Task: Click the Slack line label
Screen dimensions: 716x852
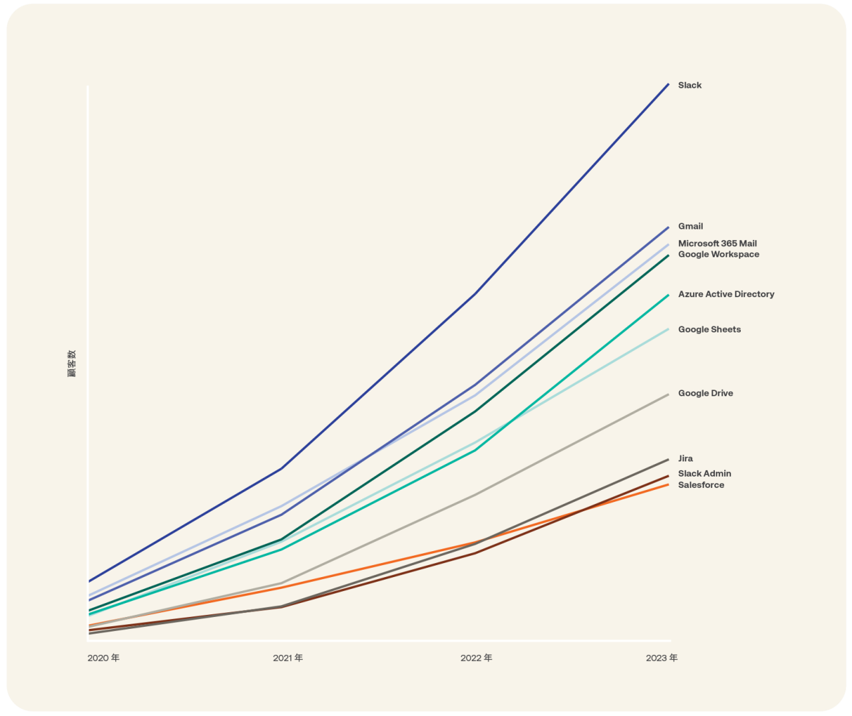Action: (x=690, y=85)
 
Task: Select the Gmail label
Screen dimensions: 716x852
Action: (x=690, y=226)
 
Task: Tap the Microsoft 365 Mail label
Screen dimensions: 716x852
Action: (x=717, y=243)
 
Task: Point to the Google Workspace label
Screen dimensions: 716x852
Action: (x=718, y=254)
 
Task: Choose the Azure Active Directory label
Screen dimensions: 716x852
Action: (x=726, y=294)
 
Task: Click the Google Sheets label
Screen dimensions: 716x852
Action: (x=709, y=329)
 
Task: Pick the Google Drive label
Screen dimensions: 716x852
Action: (x=705, y=393)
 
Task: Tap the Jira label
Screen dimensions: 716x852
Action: (x=685, y=458)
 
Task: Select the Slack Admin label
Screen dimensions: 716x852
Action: (x=704, y=473)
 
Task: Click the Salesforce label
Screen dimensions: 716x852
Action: (x=701, y=485)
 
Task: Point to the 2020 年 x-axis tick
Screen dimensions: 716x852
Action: (x=104, y=657)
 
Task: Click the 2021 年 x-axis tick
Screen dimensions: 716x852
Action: (x=288, y=657)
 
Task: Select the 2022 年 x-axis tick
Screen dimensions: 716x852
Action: (x=476, y=657)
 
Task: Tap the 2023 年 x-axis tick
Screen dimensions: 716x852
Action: (x=661, y=657)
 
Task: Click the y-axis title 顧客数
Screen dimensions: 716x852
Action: (x=72, y=363)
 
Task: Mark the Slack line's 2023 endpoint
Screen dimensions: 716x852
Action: (x=668, y=84)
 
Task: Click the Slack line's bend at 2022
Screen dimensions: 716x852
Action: (x=475, y=293)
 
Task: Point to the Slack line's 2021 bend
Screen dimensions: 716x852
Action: (x=282, y=469)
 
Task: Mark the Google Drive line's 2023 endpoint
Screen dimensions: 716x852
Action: (x=668, y=395)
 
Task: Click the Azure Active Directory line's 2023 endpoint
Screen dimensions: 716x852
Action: (x=668, y=295)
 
